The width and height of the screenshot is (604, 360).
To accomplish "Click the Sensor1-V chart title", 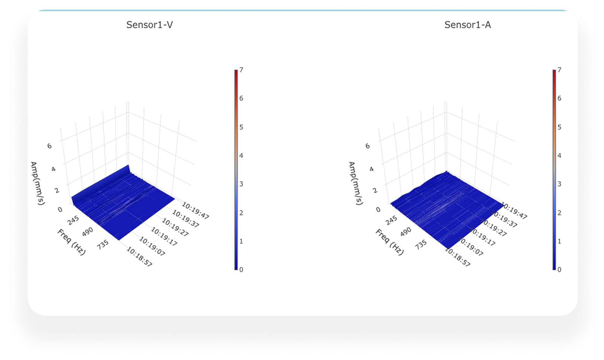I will (x=149, y=25).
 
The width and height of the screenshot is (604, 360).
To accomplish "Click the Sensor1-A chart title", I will (x=468, y=25).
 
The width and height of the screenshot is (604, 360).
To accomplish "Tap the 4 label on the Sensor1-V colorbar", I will (x=241, y=156).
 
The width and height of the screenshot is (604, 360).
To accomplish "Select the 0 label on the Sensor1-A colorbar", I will (x=559, y=270).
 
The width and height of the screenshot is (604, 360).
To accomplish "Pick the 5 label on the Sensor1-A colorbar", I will (x=559, y=127).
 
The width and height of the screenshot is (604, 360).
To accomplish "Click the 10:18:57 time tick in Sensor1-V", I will (x=139, y=257).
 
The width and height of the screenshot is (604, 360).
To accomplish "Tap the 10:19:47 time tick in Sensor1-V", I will (x=196, y=210).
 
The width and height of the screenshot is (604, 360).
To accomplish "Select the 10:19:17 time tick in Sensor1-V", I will (x=164, y=237).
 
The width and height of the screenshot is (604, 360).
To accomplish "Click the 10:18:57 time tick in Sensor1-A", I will (x=458, y=257).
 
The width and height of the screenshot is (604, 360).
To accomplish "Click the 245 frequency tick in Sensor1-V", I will (x=73, y=220).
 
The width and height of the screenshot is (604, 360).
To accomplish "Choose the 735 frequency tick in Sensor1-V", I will (x=103, y=244).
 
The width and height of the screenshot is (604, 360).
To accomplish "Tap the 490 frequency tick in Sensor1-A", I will (x=406, y=231).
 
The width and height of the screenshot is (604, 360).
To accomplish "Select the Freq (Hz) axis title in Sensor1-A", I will (x=390, y=242).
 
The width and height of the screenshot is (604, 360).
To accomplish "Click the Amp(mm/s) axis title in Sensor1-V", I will (x=38, y=183).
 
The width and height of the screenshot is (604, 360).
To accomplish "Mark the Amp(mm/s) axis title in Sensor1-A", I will (x=356, y=183).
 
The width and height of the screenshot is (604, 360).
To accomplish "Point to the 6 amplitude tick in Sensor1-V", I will (x=49, y=146).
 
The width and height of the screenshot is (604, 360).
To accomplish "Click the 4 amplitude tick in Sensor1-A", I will (x=371, y=169).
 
